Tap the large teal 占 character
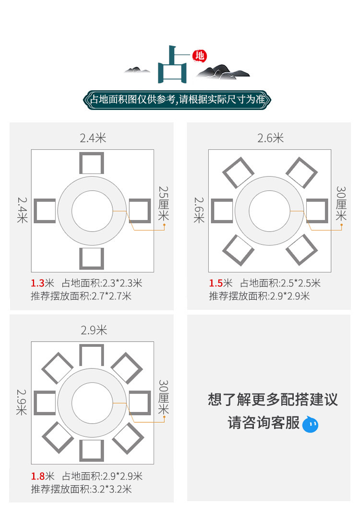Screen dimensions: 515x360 171,65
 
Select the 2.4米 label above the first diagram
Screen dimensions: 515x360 93,138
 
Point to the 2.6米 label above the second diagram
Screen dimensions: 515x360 270,138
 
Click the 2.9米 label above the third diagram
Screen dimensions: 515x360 93,330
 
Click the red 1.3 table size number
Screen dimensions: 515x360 37,283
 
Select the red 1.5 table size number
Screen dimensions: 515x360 215,283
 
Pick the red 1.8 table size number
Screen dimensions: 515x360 37,476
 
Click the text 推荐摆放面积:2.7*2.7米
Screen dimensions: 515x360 81,296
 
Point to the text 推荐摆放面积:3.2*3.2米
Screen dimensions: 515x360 81,489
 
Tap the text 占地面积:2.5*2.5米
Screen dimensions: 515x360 280,283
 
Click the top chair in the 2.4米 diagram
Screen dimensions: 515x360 91,163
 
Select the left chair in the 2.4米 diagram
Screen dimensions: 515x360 44,211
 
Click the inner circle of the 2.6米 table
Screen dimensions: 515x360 269,211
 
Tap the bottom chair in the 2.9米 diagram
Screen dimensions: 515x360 91,450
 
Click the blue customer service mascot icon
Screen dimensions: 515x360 310,424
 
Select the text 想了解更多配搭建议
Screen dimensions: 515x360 273,399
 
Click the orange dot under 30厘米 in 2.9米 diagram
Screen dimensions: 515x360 164,417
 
